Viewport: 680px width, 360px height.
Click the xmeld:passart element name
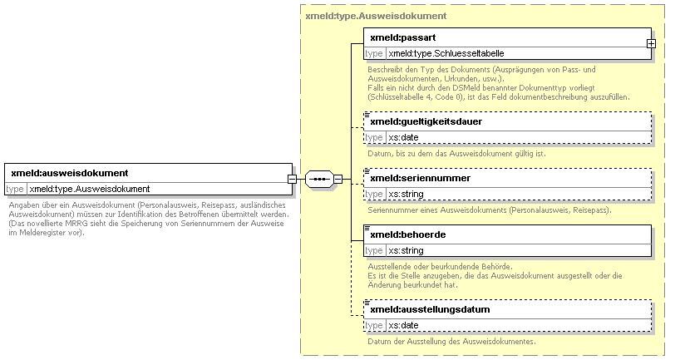pos(403,37)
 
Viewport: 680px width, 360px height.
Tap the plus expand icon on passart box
pos(651,44)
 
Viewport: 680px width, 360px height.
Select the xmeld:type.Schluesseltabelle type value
pos(446,54)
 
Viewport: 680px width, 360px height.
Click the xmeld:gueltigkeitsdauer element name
pos(426,122)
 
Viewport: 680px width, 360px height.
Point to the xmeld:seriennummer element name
pos(421,178)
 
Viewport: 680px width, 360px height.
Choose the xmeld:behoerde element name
pos(408,234)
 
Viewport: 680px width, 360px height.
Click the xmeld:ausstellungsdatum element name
pos(430,309)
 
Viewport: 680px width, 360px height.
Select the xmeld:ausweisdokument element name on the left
pos(69,173)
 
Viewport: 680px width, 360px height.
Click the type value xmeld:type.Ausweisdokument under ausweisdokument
pos(89,189)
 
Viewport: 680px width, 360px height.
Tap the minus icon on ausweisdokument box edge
pos(293,179)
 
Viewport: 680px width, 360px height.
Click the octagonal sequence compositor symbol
pos(319,179)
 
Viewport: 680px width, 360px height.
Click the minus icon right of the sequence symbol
pos(338,179)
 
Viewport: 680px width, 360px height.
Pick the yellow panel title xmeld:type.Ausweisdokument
pos(376,16)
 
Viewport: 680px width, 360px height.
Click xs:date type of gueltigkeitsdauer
pos(403,138)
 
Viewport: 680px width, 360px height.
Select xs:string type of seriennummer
pos(406,195)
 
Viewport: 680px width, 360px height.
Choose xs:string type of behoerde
pos(406,251)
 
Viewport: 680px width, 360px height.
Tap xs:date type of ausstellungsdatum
pos(403,326)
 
